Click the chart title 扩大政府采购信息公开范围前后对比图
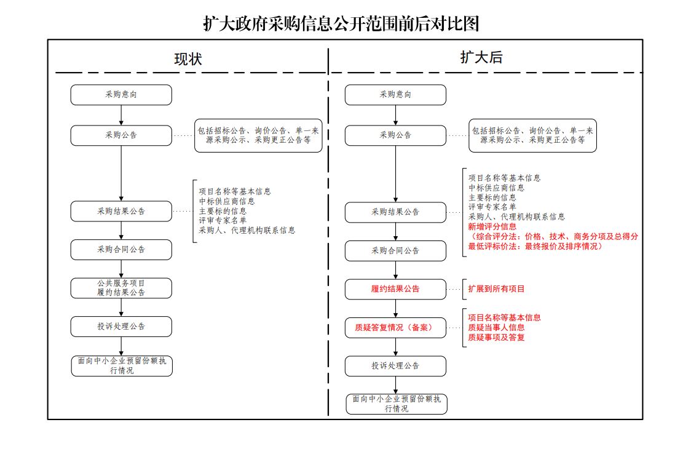click(x=341, y=23)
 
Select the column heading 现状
click(x=188, y=59)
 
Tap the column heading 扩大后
click(x=481, y=57)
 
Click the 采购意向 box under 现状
click(x=121, y=95)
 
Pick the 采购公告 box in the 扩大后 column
click(x=395, y=135)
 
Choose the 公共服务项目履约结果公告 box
click(x=121, y=288)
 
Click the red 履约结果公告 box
click(x=395, y=288)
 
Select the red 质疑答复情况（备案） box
click(x=395, y=328)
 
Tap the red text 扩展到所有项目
click(x=496, y=288)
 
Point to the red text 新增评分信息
click(x=492, y=226)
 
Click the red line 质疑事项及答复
click(x=496, y=337)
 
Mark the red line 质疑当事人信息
click(x=496, y=328)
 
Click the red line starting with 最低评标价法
click(x=535, y=246)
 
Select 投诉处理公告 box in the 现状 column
click(x=121, y=327)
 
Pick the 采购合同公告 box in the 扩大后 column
click(x=395, y=251)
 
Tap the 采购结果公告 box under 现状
click(x=121, y=211)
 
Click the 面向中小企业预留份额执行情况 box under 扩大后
click(x=396, y=403)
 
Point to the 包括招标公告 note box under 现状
click(x=258, y=135)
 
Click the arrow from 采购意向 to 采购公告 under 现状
click(x=121, y=115)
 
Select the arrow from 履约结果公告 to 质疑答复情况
click(x=395, y=308)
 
